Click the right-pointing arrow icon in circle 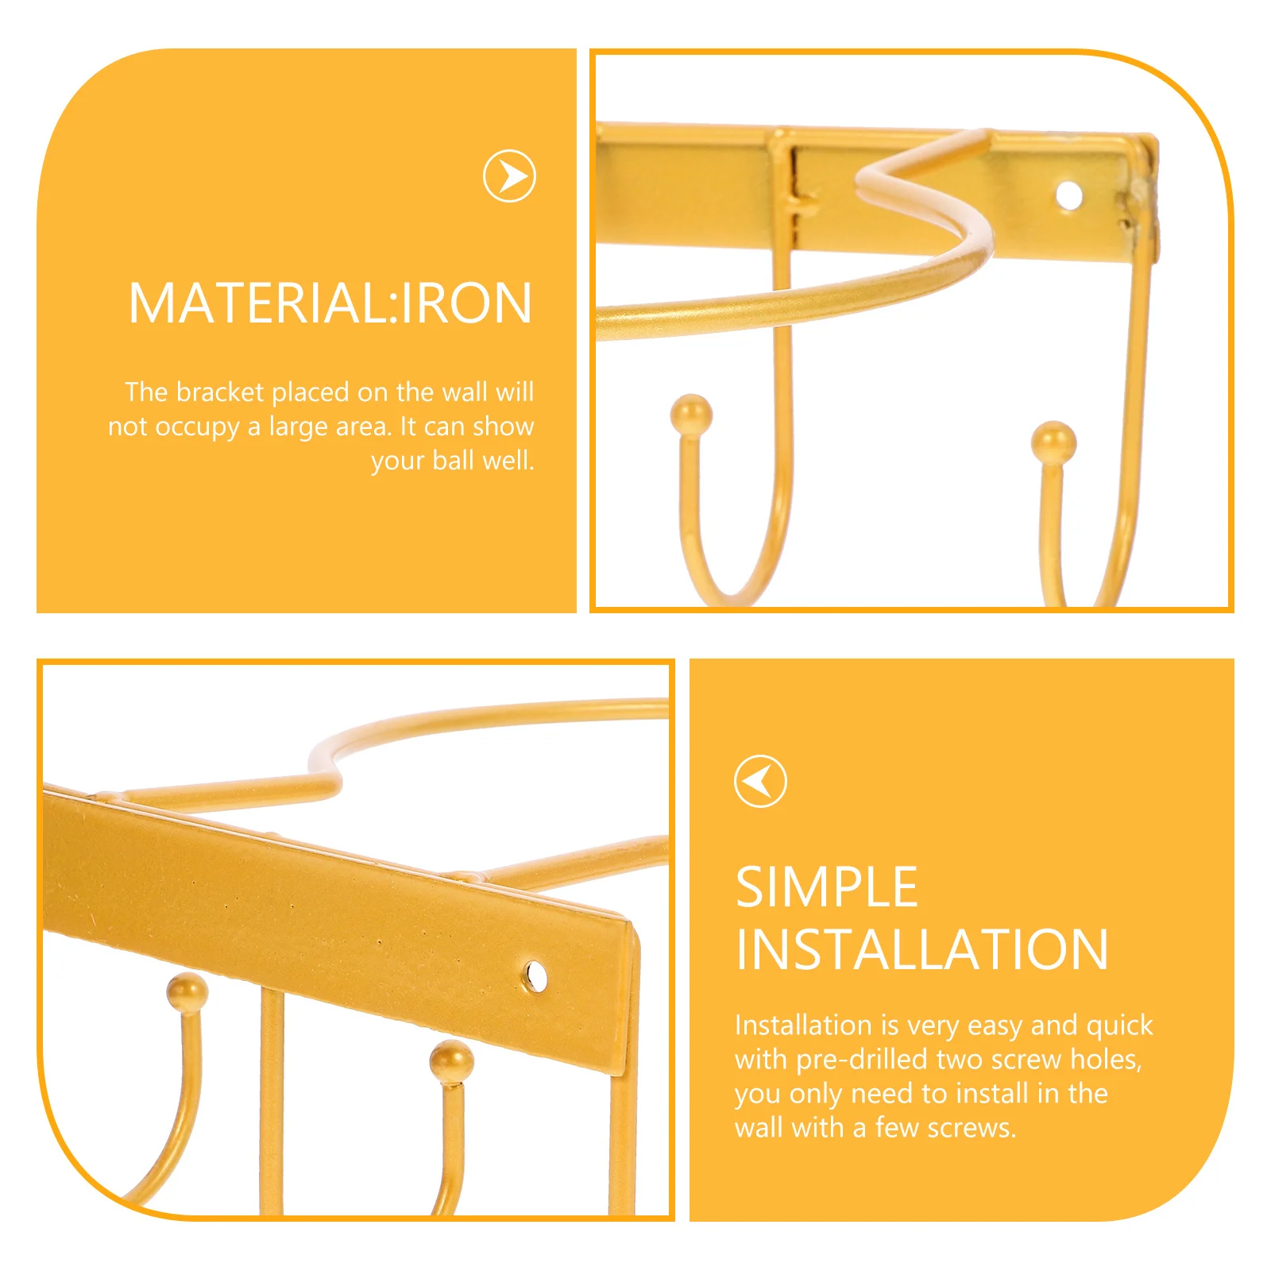[x=509, y=176]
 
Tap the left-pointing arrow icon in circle [x=760, y=781]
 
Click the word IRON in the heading [x=466, y=303]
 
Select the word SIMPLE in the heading [x=826, y=887]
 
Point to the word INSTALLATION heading [x=921, y=950]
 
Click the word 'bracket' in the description [x=220, y=392]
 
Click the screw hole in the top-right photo [x=1068, y=194]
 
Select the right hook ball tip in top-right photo [x=1053, y=442]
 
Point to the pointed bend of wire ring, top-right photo [x=866, y=179]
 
